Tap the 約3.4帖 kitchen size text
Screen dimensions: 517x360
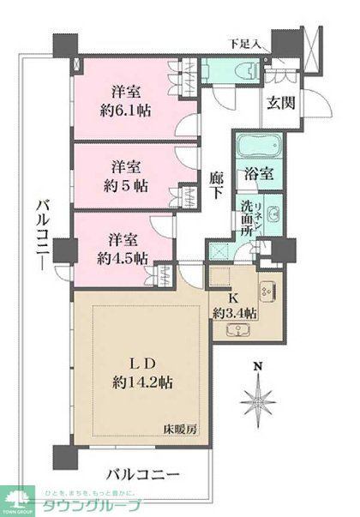[x=235, y=313]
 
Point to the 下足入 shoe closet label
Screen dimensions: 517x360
[x=245, y=43]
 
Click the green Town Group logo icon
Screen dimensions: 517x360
[x=16, y=497]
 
